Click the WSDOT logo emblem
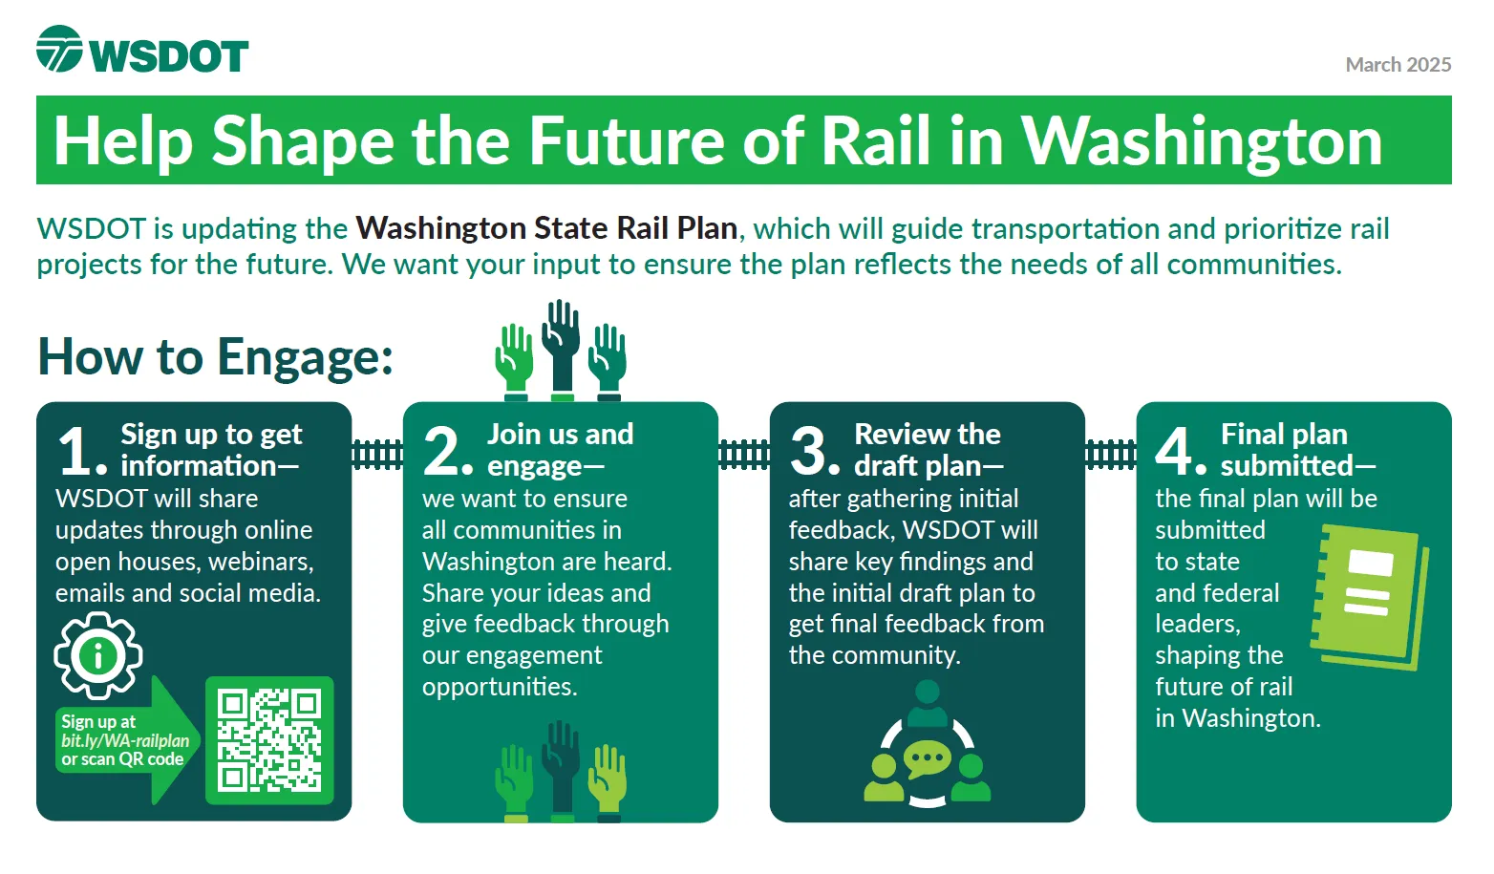coord(59,49)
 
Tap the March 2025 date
coord(1398,65)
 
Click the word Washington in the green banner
coord(1202,141)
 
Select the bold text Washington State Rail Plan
coord(547,228)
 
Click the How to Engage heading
coord(216,357)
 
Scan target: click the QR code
coord(269,740)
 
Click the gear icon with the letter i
coord(98,656)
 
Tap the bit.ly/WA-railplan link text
coord(125,740)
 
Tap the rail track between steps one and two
coord(377,455)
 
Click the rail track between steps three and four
coord(1111,455)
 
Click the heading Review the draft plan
coord(928,450)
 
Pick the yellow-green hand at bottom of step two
coord(608,782)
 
